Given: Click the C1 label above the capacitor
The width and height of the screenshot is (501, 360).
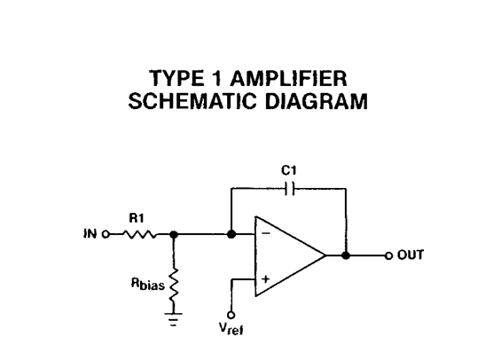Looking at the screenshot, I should click(x=287, y=168).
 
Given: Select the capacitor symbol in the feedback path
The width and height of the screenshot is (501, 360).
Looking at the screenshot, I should click(x=288, y=188).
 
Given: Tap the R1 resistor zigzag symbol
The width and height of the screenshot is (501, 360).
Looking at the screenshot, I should click(x=139, y=235).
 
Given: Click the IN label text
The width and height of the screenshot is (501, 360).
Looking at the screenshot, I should click(x=90, y=235).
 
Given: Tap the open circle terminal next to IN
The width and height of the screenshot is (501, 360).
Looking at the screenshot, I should click(x=106, y=235).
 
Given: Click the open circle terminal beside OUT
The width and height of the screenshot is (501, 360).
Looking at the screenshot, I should click(x=387, y=255).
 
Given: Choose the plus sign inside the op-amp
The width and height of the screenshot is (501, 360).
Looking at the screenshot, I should click(x=263, y=278).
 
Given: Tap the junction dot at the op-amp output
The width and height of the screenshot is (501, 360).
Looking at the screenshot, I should click(x=346, y=255).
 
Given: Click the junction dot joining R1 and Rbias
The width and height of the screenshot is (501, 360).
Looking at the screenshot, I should click(x=173, y=235).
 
